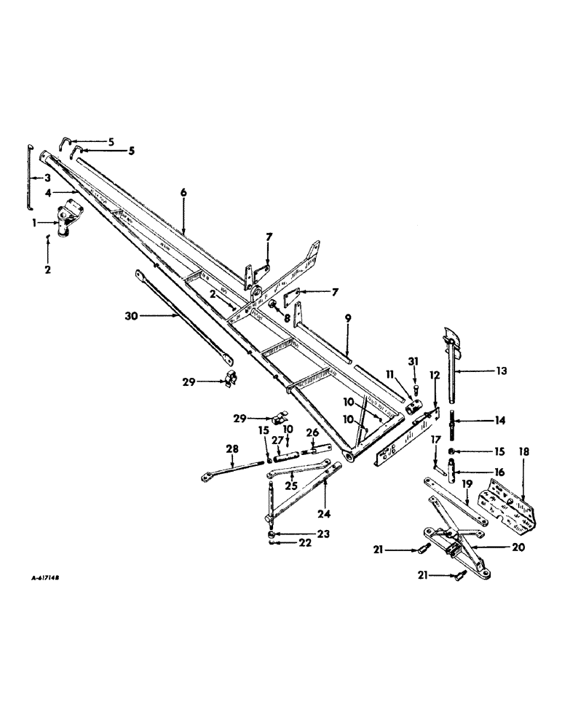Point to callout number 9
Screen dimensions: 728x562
pos(347,317)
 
